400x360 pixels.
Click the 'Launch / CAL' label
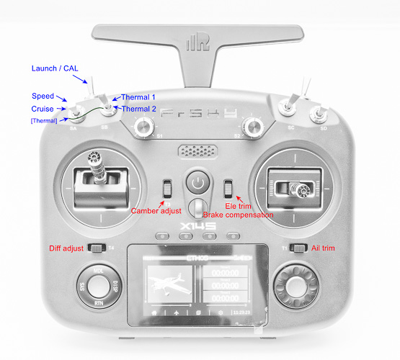point(54,68)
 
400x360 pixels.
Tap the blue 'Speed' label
point(43,96)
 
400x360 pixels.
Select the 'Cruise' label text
point(43,108)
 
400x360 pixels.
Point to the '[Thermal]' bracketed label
point(44,120)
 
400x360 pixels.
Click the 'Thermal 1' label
point(138,97)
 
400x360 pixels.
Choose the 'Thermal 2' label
point(138,109)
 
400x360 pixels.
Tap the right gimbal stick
point(299,189)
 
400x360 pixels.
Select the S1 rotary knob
point(144,127)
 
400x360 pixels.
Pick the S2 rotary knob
point(251,127)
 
